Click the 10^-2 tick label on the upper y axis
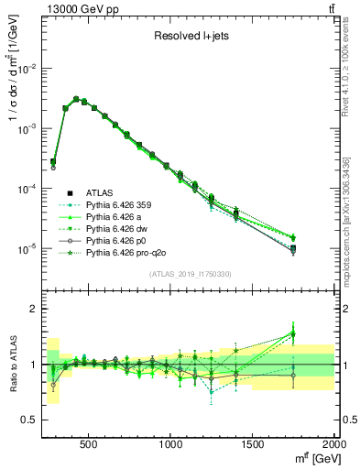[x=26, y=69]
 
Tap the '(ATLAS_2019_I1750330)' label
[x=190, y=274]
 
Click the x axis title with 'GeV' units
[x=311, y=458]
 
